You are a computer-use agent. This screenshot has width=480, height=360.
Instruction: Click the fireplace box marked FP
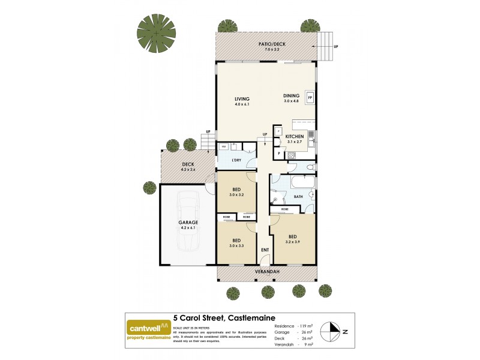coord(310,98)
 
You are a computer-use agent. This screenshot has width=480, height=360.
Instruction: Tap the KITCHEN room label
coord(294,137)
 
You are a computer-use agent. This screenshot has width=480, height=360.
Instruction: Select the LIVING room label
coord(242,99)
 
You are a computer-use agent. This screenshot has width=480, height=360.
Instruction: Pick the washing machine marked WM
coord(223,146)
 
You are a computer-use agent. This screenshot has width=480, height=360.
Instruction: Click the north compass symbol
coord(331,331)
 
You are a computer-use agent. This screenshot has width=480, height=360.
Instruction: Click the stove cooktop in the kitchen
coord(292,155)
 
